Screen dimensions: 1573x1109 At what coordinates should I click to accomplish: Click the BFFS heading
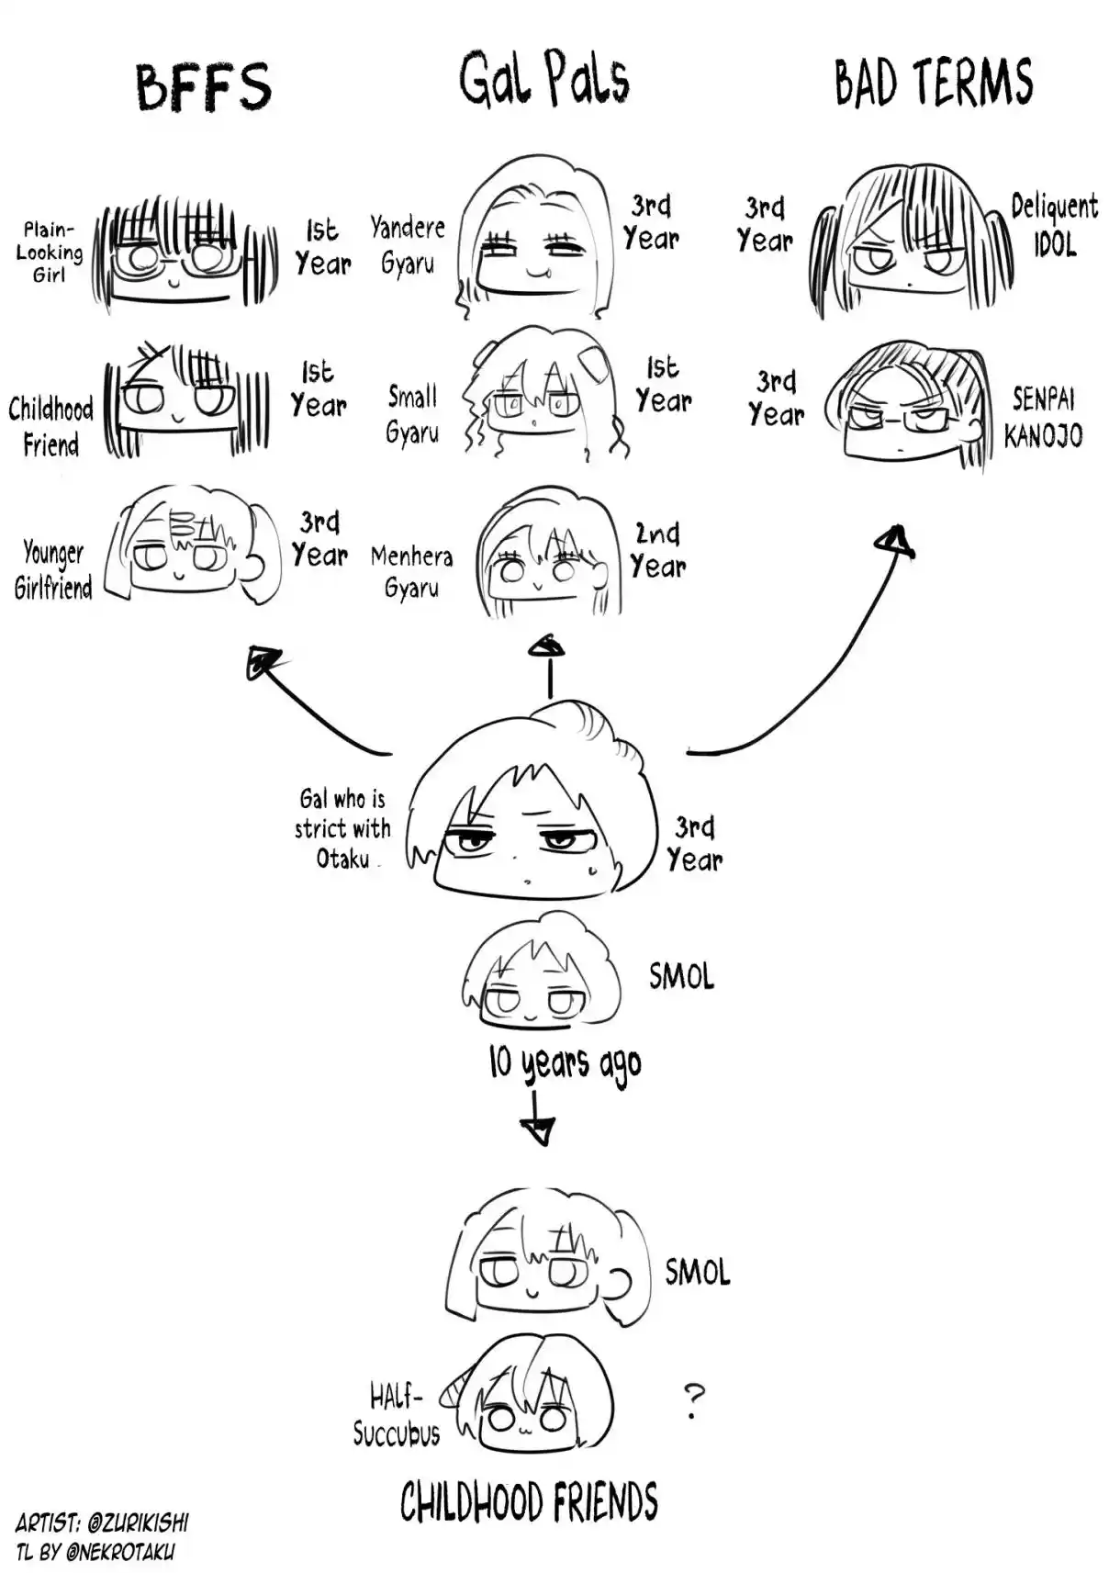[204, 87]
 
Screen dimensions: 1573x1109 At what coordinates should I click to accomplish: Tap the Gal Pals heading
[543, 79]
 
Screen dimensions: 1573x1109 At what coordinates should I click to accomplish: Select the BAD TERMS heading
[933, 82]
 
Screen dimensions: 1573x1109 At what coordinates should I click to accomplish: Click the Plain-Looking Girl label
[50, 252]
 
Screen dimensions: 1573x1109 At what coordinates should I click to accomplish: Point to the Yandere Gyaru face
[532, 241]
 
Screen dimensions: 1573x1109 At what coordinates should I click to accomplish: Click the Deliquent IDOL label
[1054, 224]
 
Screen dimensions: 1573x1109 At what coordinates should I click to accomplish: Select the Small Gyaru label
[411, 414]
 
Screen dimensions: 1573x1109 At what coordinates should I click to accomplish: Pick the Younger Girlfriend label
[53, 569]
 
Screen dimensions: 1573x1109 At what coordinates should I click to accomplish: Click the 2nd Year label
[658, 550]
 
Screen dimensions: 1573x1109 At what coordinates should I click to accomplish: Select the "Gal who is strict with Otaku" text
[342, 828]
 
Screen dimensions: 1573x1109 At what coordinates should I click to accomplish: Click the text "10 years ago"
[565, 1063]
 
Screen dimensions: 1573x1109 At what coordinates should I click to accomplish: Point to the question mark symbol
[694, 1401]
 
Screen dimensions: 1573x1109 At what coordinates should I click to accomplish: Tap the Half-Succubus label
[397, 1416]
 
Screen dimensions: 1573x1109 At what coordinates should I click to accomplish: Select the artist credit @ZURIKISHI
[138, 1522]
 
